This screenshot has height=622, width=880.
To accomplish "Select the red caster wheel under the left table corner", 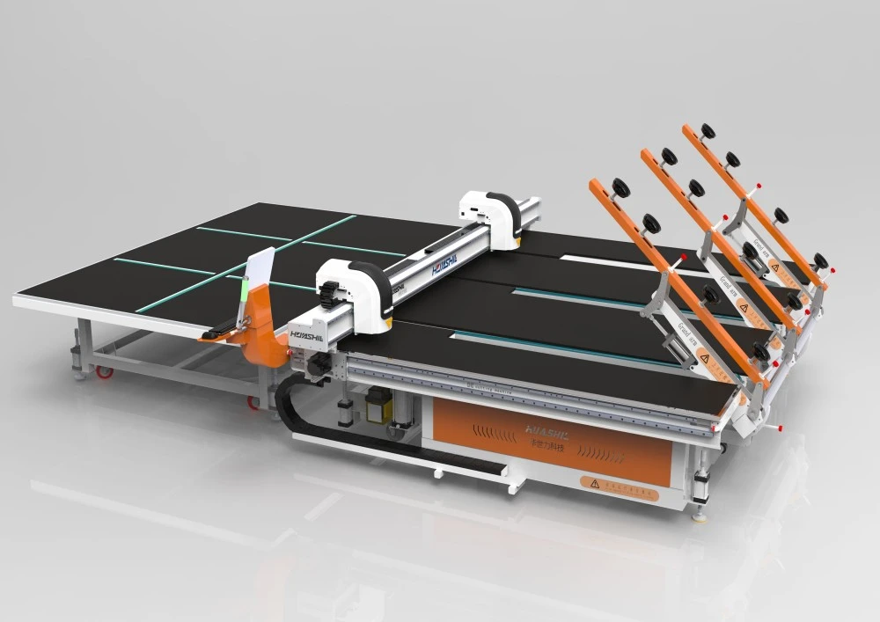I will point(105,371).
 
